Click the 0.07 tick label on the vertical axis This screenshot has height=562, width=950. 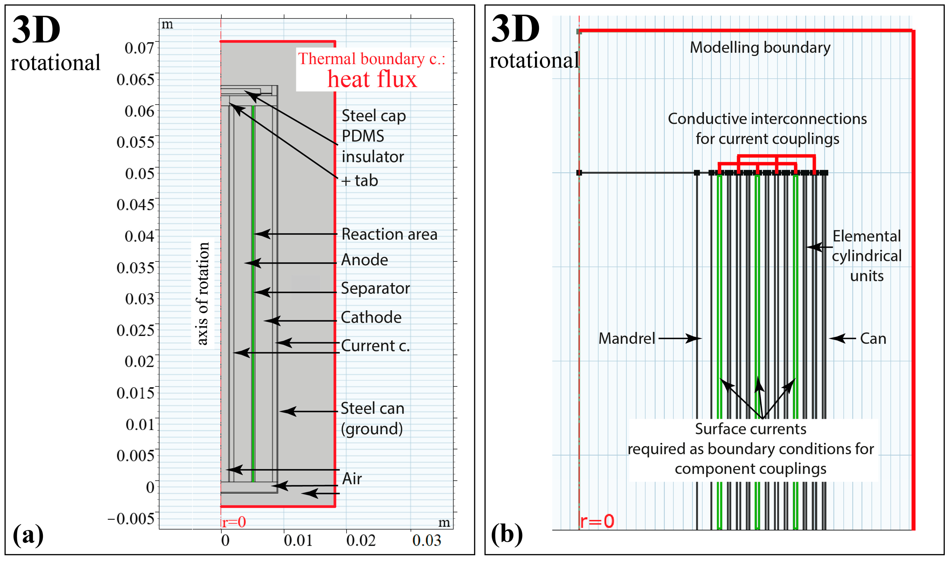tap(139, 48)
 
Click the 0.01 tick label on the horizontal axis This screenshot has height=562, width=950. tap(298, 540)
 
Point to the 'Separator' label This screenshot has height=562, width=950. tap(375, 288)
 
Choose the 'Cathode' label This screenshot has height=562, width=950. tap(371, 317)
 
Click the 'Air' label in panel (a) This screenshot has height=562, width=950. tap(352, 479)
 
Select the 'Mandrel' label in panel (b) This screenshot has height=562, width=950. tap(627, 338)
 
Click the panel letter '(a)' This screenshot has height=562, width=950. tap(28, 535)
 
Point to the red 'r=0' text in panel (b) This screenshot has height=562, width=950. tap(597, 521)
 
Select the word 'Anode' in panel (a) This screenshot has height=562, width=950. tap(364, 260)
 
